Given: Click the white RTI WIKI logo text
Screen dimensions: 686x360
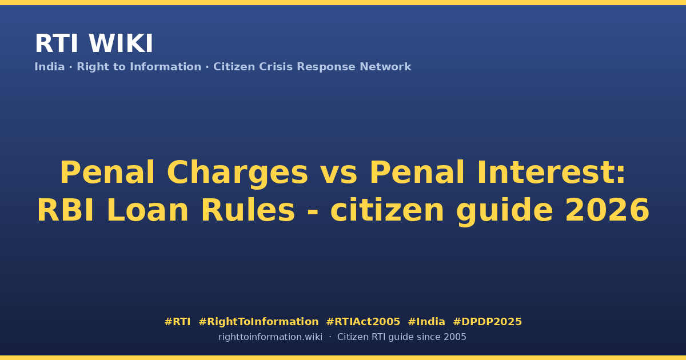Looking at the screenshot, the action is coord(94,43).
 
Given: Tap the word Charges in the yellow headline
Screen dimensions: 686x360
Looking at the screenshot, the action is coord(237,174).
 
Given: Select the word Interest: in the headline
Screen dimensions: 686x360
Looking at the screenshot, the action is coord(551,173).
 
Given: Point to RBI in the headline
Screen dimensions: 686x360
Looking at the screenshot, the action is coord(66,210).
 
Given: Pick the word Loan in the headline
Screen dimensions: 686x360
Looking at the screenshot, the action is coord(147,210).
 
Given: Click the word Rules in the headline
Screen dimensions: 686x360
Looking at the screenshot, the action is coord(248,210).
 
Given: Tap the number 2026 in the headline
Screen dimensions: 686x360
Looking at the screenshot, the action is coord(607,210).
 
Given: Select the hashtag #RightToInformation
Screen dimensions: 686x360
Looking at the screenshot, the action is coord(258,322).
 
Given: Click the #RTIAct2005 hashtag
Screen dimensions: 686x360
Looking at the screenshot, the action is coord(363,322).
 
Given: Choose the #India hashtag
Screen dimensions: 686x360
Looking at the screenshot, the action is coord(426,322).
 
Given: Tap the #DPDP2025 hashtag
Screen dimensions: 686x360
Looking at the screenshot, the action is coord(487,322).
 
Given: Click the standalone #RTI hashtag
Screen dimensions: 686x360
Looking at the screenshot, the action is coord(177,322).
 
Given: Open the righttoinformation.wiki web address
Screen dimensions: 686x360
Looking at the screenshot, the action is coord(270,337).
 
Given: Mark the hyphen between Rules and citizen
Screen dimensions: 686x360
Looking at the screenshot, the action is coord(312,211).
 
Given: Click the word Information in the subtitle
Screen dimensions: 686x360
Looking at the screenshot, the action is coord(166,67).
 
